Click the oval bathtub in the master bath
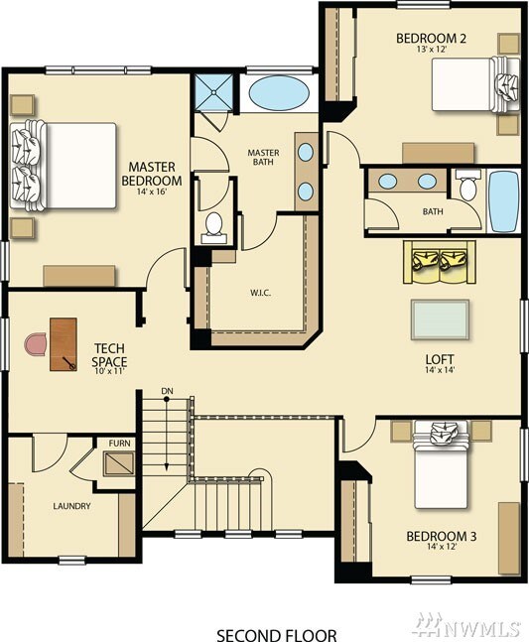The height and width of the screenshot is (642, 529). pyautogui.click(x=279, y=93)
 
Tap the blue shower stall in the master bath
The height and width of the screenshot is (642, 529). pyautogui.click(x=213, y=92)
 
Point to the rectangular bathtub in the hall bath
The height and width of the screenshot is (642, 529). pyautogui.click(x=504, y=201)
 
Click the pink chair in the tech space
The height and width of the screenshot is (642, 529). pyautogui.click(x=37, y=344)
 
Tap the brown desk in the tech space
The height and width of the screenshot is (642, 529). pyautogui.click(x=64, y=344)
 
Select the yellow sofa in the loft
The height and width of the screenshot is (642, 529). pyautogui.click(x=440, y=262)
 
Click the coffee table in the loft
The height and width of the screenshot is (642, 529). pyautogui.click(x=440, y=320)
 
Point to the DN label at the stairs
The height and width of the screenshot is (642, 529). pyautogui.click(x=167, y=391)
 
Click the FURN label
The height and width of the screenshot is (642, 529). pyautogui.click(x=119, y=443)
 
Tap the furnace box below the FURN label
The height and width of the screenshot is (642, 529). pyautogui.click(x=119, y=463)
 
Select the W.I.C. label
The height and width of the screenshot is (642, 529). pyautogui.click(x=260, y=293)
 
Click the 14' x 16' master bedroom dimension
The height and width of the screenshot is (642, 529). pyautogui.click(x=152, y=192)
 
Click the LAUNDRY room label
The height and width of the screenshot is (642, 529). pyautogui.click(x=71, y=506)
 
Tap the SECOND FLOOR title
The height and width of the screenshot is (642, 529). pyautogui.click(x=277, y=635)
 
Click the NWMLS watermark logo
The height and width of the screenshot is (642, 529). pyautogui.click(x=467, y=625)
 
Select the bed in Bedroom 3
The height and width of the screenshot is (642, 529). pyautogui.click(x=440, y=465)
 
